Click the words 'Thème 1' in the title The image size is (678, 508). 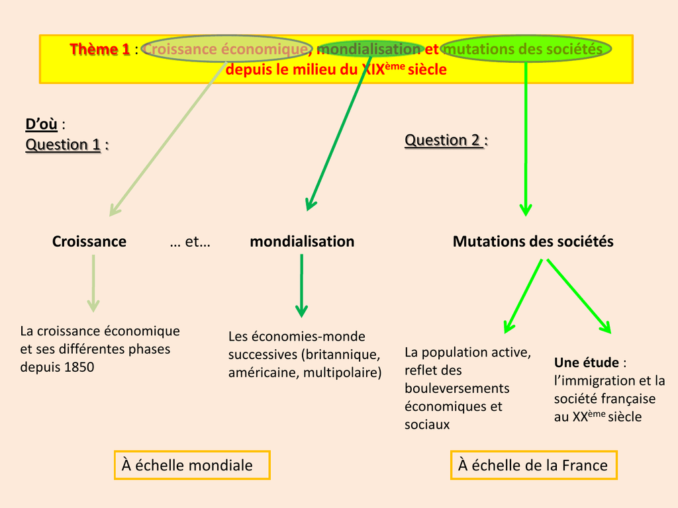(x=100, y=50)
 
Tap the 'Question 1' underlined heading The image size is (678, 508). (x=64, y=144)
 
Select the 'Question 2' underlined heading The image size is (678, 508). (x=443, y=140)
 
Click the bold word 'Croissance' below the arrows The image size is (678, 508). (x=89, y=241)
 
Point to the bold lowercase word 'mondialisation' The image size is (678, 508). (x=302, y=241)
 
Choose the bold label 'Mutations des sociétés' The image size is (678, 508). (x=533, y=241)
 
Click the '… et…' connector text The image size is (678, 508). (x=190, y=242)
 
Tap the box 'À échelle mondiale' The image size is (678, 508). (x=192, y=465)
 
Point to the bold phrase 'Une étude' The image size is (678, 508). (x=587, y=362)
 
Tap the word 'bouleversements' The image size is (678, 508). (x=457, y=388)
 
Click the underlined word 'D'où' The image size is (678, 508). (x=41, y=124)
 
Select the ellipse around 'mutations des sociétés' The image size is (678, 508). (x=526, y=49)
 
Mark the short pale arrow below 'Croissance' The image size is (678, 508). (x=93, y=283)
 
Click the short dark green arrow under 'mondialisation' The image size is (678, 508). (x=301, y=286)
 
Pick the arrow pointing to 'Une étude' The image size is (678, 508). (x=578, y=295)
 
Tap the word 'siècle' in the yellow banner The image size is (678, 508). (x=427, y=69)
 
